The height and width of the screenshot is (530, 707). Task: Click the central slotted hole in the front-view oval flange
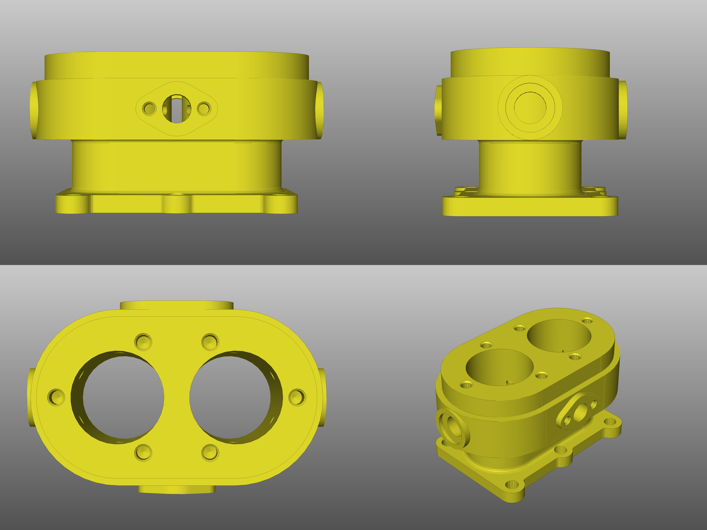(x=177, y=109)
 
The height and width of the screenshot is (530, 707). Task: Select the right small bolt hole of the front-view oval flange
(x=204, y=108)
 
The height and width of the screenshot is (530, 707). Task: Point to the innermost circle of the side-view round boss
(x=530, y=108)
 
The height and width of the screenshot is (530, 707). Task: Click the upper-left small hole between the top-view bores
(x=143, y=342)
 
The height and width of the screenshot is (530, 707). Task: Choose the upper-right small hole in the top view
(x=210, y=342)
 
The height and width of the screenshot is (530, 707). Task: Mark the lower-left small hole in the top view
(x=143, y=452)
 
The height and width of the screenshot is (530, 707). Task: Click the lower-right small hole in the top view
(x=210, y=452)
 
